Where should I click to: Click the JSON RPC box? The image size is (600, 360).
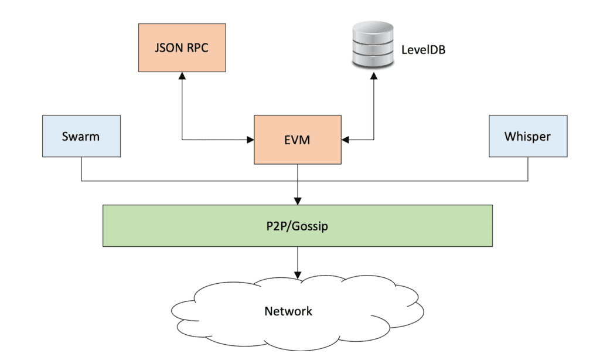[x=182, y=47]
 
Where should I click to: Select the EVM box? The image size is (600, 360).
[x=298, y=140]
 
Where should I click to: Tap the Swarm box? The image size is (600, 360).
[x=81, y=136]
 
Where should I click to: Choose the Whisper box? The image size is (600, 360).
[x=528, y=136]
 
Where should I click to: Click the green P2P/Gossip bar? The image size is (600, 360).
[x=298, y=226]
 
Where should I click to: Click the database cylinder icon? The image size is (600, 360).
[x=373, y=45]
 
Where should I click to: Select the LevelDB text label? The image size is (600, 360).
[x=423, y=50]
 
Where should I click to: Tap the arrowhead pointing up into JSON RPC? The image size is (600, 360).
[x=182, y=76]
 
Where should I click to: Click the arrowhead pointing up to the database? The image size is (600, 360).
[x=374, y=76]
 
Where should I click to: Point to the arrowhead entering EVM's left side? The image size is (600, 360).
[x=250, y=140]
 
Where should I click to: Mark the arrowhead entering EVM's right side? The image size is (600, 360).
[x=345, y=140]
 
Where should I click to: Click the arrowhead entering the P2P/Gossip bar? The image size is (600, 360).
[x=298, y=201]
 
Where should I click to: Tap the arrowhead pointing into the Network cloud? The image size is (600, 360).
[x=298, y=275]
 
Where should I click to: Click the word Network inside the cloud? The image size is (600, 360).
[x=288, y=311]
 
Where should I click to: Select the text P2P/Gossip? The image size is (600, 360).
[x=297, y=226]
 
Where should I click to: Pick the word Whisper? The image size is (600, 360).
[x=527, y=137]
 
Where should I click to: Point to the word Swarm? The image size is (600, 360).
[x=81, y=137]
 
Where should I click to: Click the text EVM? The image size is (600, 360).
[x=297, y=140]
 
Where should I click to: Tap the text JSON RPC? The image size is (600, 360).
[x=182, y=47]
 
